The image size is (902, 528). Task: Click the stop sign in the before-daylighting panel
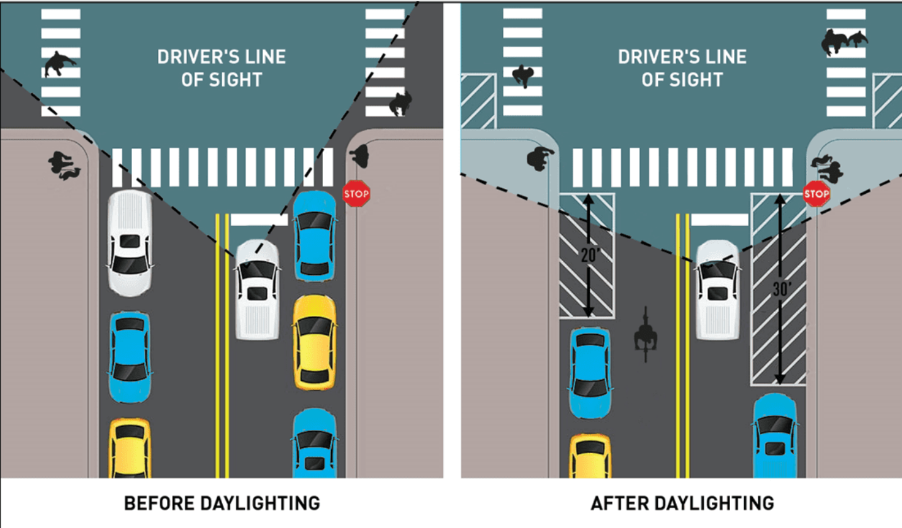(356, 194)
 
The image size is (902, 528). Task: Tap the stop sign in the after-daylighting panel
(816, 194)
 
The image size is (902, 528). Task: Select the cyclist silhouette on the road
(646, 334)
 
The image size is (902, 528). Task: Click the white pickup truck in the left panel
(257, 289)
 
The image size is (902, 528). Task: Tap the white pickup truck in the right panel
(718, 289)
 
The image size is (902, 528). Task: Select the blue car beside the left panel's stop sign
(315, 235)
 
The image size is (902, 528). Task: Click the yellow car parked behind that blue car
(314, 342)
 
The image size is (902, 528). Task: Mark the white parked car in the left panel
(130, 242)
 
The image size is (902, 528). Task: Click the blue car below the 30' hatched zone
(775, 435)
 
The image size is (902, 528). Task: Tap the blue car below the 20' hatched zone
(590, 373)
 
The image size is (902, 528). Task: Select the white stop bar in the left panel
(259, 220)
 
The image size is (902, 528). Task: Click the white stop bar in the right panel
(719, 220)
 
